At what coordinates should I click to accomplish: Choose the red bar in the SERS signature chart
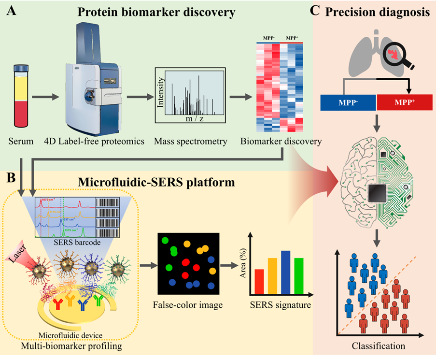259,282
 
